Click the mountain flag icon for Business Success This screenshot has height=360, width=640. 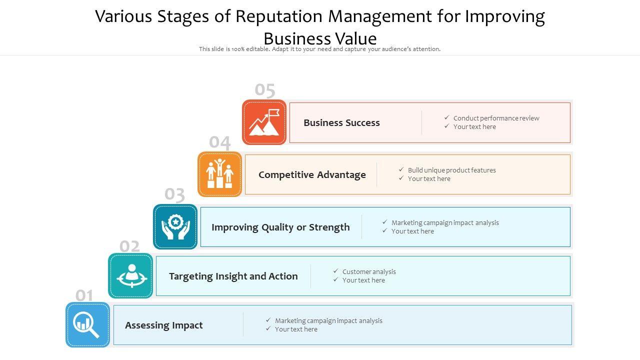pyautogui.click(x=264, y=122)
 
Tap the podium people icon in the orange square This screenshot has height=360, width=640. pyautogui.click(x=220, y=174)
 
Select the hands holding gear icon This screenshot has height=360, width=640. pyautogui.click(x=175, y=227)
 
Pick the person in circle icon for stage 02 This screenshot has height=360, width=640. pyautogui.click(x=131, y=276)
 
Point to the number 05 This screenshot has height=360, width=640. pyautogui.click(x=265, y=90)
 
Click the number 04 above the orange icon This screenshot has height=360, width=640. pyautogui.click(x=220, y=143)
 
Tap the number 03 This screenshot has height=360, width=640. pyautogui.click(x=175, y=194)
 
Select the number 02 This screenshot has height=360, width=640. pyautogui.click(x=130, y=246)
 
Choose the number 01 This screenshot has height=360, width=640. pyautogui.click(x=84, y=295)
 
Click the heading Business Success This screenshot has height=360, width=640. pyautogui.click(x=341, y=122)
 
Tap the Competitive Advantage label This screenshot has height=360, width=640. pyautogui.click(x=312, y=174)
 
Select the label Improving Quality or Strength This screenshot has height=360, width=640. pyautogui.click(x=280, y=227)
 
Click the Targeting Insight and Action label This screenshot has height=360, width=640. pyautogui.click(x=233, y=276)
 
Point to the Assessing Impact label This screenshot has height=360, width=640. pyautogui.click(x=164, y=325)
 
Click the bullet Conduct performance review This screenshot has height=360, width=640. pyautogui.click(x=496, y=118)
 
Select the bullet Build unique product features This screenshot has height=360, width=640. pyautogui.click(x=451, y=170)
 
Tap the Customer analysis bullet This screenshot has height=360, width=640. pyautogui.click(x=369, y=271)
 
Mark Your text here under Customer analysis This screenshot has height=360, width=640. pyautogui.click(x=363, y=280)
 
